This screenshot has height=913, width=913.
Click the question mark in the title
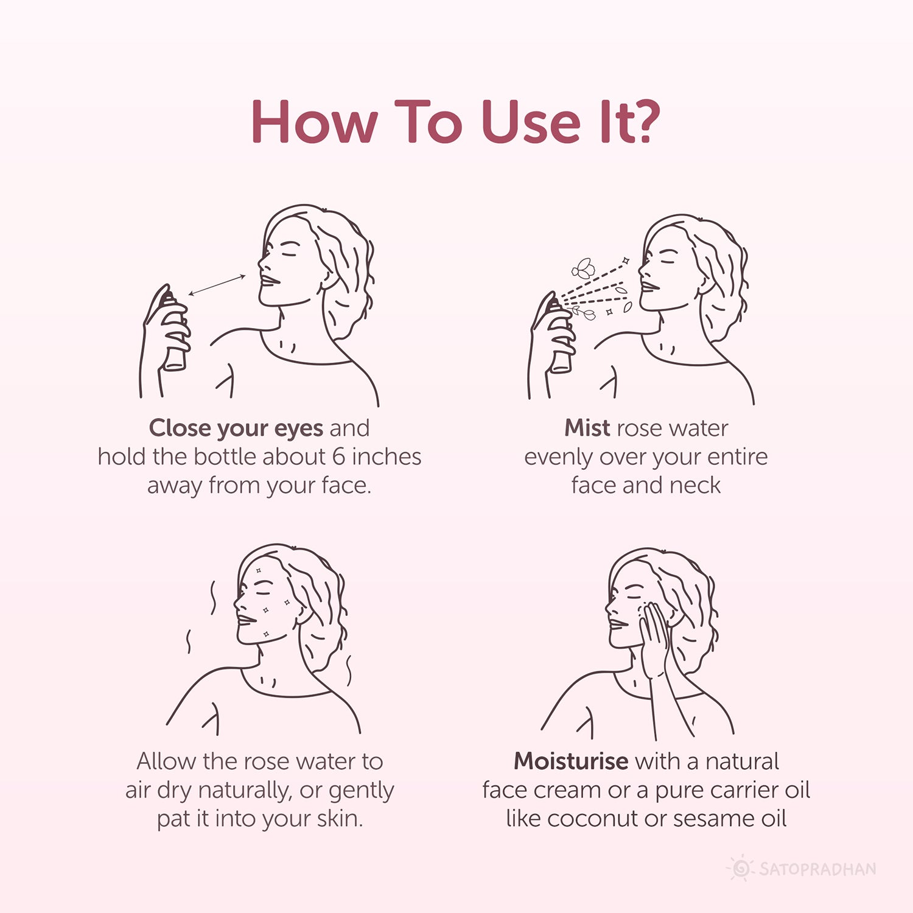tap(643, 122)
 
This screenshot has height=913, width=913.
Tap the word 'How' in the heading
tap(314, 122)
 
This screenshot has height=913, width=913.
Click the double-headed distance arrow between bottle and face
tap(217, 285)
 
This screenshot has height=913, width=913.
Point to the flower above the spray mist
tap(582, 268)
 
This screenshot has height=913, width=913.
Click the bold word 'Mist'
tap(587, 428)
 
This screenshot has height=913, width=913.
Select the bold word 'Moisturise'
tap(571, 761)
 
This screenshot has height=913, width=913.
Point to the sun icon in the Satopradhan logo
tap(741, 869)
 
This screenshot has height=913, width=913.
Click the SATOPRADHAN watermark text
tap(817, 869)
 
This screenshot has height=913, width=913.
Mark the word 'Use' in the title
tap(530, 122)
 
